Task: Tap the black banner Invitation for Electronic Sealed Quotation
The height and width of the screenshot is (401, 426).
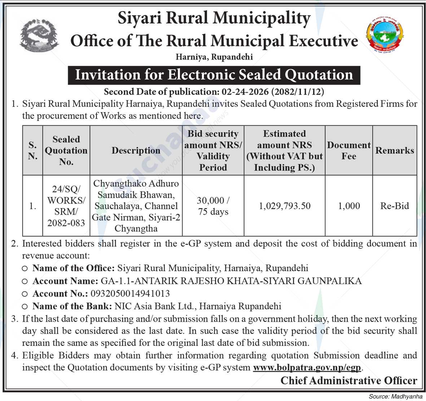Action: pyautogui.click(x=214, y=75)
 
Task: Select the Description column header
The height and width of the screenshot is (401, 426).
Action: pyautogui.click(x=136, y=150)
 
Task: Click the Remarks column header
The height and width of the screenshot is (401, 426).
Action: pyautogui.click(x=395, y=150)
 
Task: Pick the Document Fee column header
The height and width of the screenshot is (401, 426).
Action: pyautogui.click(x=349, y=150)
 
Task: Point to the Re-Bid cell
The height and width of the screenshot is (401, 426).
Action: pyautogui.click(x=395, y=206)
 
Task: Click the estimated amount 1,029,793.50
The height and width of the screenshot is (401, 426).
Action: pyautogui.click(x=285, y=206)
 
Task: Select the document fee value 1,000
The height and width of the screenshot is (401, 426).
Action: pyautogui.click(x=349, y=206)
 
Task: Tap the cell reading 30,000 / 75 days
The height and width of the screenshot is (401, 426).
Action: pyautogui.click(x=213, y=206)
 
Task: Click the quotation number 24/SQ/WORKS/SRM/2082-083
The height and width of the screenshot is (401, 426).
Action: pyautogui.click(x=66, y=206)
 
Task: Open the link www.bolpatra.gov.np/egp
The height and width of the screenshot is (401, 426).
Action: pyautogui.click(x=307, y=367)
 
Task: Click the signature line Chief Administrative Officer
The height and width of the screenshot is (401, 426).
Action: pyautogui.click(x=349, y=380)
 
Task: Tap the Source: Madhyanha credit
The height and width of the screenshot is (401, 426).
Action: pyautogui.click(x=395, y=396)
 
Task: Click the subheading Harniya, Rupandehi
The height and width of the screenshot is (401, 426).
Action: pyautogui.click(x=214, y=57)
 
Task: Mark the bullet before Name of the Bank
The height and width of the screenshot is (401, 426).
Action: pyautogui.click(x=25, y=307)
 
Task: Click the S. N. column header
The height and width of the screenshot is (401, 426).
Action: pyautogui.click(x=32, y=150)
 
